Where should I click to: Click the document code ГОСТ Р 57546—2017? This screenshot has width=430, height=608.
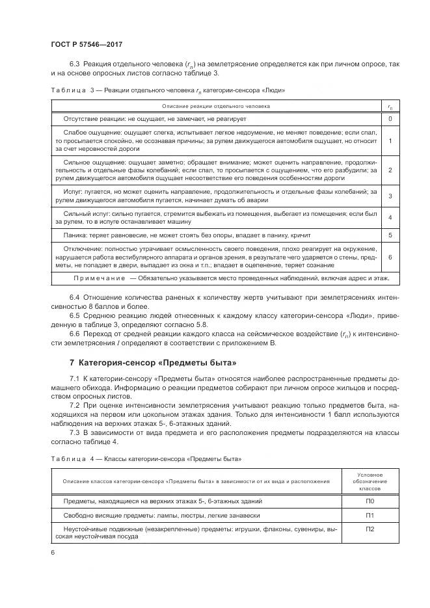coord(86,44)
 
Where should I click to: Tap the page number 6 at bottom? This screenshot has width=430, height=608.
coord(52,552)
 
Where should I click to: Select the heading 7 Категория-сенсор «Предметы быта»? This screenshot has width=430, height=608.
coord(153,362)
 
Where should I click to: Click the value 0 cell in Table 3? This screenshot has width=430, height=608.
coord(389,119)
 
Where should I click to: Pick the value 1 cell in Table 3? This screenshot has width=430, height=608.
coord(389,140)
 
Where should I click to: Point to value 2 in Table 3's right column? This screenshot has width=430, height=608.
coord(389,170)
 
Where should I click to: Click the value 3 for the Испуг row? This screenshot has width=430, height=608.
coord(389,196)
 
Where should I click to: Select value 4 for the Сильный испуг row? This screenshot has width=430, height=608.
coord(389,217)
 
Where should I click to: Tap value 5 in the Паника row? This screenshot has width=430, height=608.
coord(389,234)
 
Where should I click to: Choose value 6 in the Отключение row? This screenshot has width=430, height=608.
coord(389,257)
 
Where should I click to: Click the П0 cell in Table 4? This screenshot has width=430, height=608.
coord(370,501)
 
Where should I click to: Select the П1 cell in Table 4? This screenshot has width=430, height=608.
coord(370,515)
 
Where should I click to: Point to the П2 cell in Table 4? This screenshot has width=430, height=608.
coord(370,529)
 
